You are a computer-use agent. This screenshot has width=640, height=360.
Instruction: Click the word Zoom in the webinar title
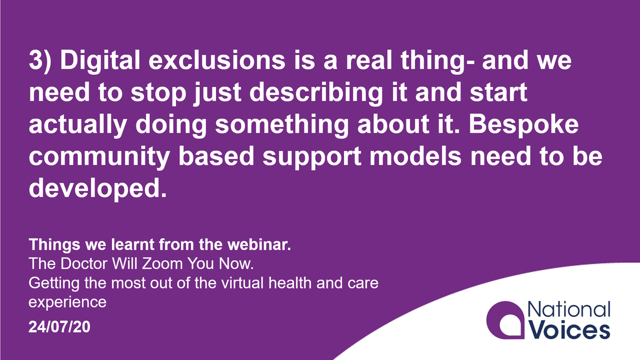(149, 265)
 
